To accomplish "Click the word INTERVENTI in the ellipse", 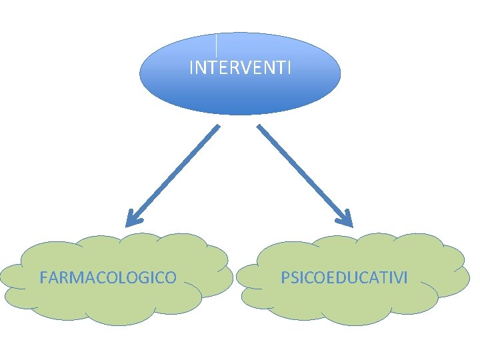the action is (x=240, y=68).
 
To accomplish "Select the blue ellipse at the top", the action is (x=240, y=93).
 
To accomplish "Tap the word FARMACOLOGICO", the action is (x=108, y=277).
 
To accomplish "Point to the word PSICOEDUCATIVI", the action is (x=344, y=277).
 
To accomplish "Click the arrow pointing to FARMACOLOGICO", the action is (x=173, y=173).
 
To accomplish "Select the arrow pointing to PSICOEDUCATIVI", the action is (x=303, y=173).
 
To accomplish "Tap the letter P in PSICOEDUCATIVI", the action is (x=285, y=277).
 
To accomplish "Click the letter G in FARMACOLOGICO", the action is (x=148, y=277).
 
